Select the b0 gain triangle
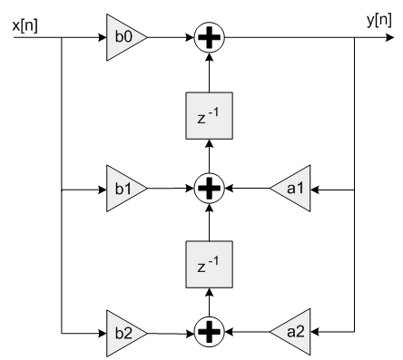pyautogui.click(x=123, y=39)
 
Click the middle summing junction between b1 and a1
pyautogui.click(x=210, y=190)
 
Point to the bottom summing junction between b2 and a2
pyautogui.click(x=210, y=333)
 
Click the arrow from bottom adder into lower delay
pyautogui.click(x=210, y=303)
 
